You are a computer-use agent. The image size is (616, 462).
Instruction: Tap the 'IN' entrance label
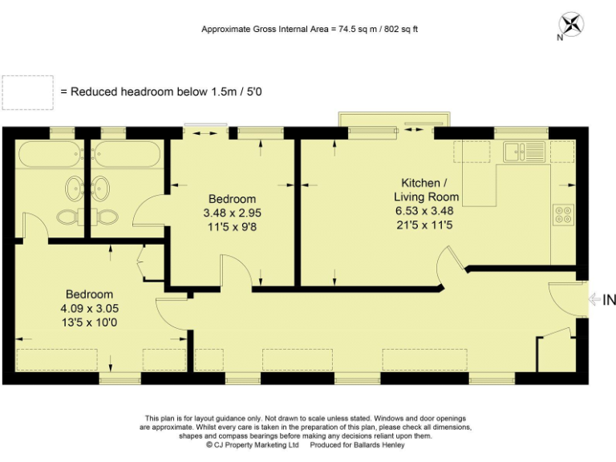point(609,301)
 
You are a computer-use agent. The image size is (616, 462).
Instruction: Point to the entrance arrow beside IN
point(594,301)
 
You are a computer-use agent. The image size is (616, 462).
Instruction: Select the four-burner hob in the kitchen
point(562,214)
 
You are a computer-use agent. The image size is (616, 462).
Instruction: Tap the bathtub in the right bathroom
point(126,154)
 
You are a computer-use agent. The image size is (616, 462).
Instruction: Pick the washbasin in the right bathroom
point(101,189)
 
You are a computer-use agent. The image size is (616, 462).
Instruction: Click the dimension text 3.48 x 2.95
point(233,213)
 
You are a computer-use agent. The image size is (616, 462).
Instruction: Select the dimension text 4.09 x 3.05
point(89,308)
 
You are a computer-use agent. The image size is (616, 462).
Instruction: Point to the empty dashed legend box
point(28,92)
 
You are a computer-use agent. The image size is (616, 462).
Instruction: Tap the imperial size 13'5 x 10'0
point(89,322)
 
